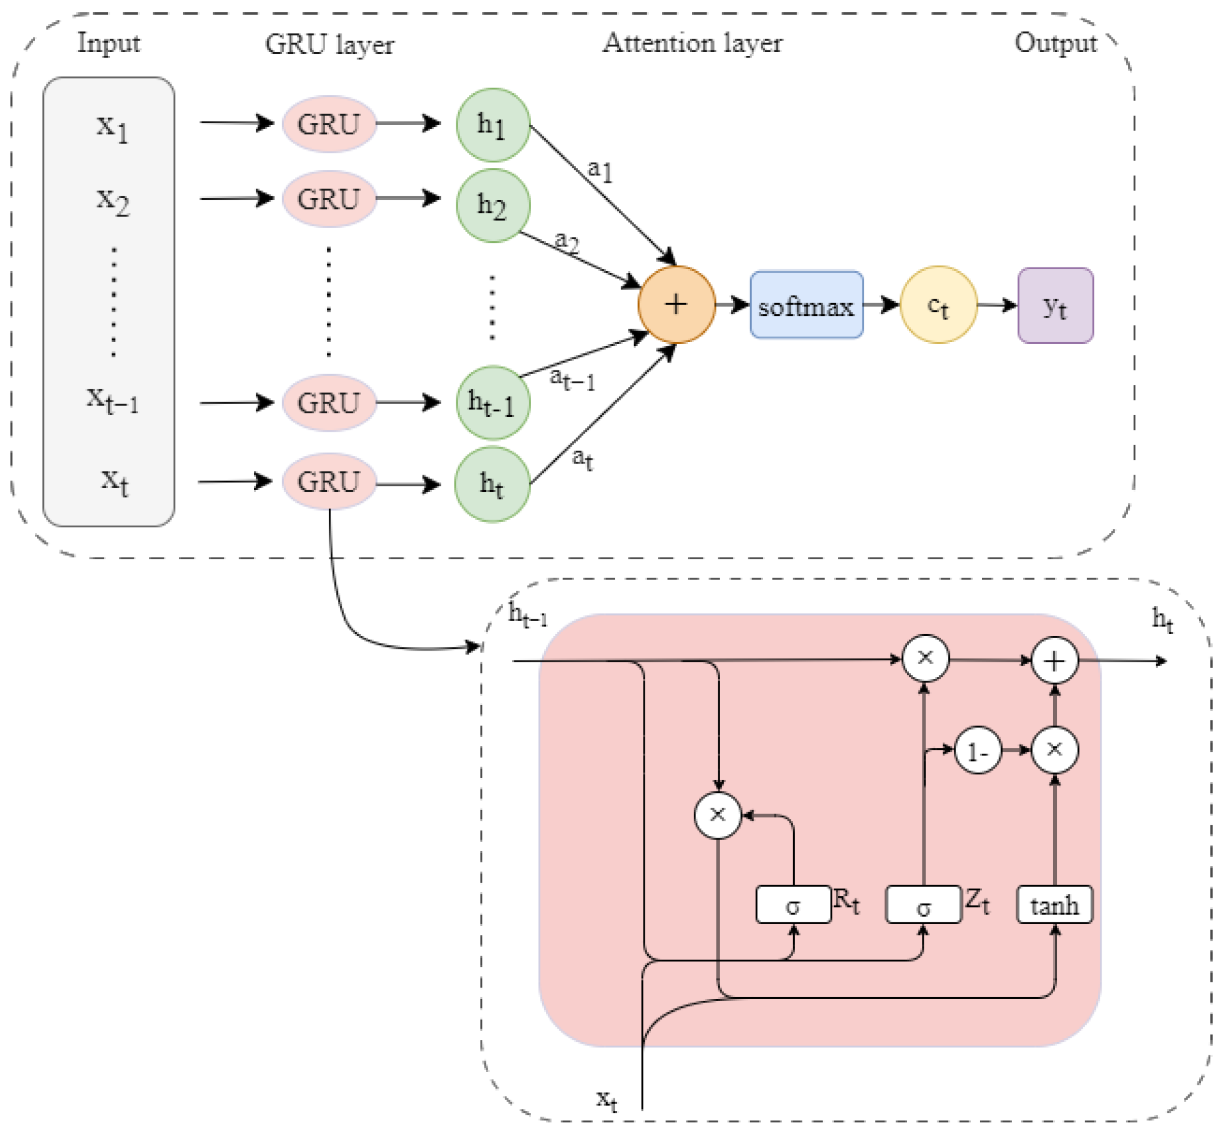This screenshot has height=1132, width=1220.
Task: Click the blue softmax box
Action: pos(806,305)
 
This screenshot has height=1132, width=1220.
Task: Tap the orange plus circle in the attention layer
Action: pos(676,305)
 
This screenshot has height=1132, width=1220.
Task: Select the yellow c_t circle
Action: pos(938,305)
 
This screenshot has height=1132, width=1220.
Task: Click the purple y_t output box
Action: pos(1055,305)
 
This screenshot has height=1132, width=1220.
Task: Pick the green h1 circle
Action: pos(493,125)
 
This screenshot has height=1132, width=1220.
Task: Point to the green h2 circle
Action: pos(493,205)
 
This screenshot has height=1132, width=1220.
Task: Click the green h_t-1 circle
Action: pos(493,403)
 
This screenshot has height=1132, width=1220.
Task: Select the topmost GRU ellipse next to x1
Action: pos(329,124)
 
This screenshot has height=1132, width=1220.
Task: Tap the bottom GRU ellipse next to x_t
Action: pos(329,481)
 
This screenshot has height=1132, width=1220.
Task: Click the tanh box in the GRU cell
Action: pos(1054,904)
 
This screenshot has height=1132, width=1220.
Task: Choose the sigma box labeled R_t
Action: pos(793,904)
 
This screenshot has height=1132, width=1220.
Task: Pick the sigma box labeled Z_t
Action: pos(923,904)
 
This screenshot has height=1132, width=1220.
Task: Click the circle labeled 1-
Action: pos(978,751)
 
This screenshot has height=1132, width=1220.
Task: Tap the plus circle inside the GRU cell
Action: pos(1054,660)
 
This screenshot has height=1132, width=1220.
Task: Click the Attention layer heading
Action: pos(692,43)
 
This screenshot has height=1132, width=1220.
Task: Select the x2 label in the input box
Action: pos(113,201)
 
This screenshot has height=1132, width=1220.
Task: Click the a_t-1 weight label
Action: pos(572,379)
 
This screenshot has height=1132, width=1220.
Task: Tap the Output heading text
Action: pos(1055,43)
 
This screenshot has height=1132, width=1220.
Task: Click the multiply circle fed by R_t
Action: pos(717,815)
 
